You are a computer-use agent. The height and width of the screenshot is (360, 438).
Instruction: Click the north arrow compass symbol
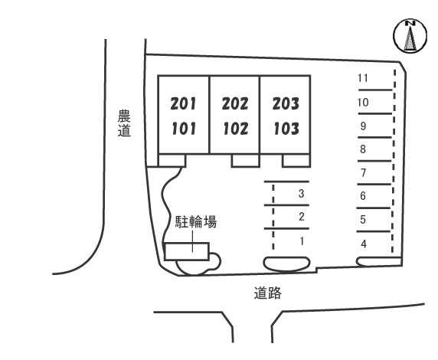coord(410,36)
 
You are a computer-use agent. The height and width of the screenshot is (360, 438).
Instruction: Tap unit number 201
coord(183,103)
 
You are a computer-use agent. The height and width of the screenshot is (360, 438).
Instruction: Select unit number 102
coord(236,129)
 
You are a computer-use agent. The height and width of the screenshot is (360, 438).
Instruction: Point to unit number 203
coord(286,103)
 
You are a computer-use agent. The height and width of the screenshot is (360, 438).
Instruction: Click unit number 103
coord(286,129)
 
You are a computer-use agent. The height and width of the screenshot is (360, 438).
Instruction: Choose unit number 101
coord(184,129)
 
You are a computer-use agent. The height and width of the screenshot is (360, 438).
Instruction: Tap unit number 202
coord(235,103)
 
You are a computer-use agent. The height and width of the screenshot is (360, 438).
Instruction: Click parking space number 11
coord(363,78)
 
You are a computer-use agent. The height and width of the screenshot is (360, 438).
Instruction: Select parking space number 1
coord(302,241)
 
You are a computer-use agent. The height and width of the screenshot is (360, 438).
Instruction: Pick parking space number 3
coord(301,194)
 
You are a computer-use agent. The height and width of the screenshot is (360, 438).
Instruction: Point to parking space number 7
coord(363,173)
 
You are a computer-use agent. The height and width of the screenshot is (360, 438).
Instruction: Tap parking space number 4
coord(364,244)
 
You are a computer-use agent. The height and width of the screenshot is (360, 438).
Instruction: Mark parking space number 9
coord(363,126)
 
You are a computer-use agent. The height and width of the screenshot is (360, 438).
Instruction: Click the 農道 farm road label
coord(124,123)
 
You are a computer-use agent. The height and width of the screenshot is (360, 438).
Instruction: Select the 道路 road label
coord(267,293)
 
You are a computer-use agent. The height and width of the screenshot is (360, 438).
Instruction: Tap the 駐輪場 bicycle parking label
coord(196,222)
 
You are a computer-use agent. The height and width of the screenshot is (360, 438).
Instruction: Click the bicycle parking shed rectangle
coord(187,251)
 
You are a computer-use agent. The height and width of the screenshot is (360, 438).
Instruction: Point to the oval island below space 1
coord(287,263)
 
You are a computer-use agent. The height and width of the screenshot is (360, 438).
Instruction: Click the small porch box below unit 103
coord(296,160)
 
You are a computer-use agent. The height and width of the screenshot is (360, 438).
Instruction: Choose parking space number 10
coord(363,103)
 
